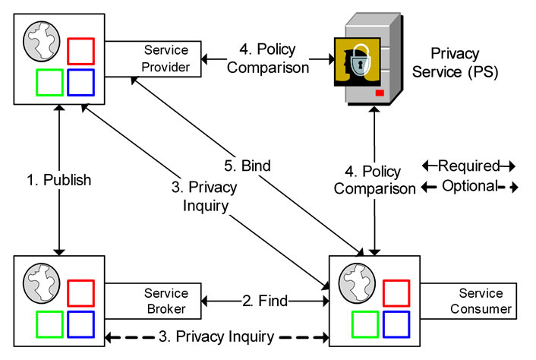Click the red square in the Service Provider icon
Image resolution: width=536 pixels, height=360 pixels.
(x=80, y=50)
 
